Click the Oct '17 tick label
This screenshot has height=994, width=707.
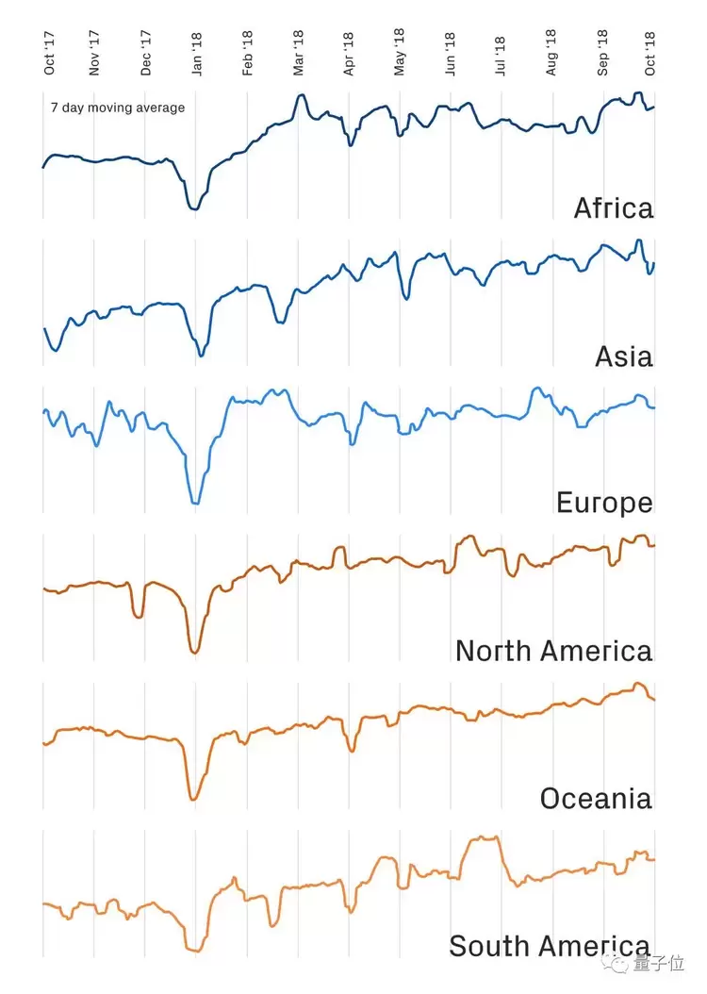[49, 53]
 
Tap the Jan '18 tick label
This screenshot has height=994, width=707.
[197, 53]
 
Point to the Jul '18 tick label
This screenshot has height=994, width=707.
[500, 55]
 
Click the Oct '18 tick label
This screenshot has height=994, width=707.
[650, 53]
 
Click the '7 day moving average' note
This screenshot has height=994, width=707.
[118, 108]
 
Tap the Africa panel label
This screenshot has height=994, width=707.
[613, 208]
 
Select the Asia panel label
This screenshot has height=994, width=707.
[623, 356]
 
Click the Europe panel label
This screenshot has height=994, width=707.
[604, 503]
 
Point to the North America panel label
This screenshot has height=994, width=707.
[553, 651]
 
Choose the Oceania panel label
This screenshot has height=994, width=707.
[595, 799]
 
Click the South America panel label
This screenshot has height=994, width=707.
[549, 946]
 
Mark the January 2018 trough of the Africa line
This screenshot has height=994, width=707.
[194, 208]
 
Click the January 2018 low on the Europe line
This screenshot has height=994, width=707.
[195, 504]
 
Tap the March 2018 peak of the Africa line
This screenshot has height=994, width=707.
[301, 95]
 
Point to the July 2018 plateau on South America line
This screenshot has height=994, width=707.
[485, 837]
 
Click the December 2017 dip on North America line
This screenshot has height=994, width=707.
[140, 617]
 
